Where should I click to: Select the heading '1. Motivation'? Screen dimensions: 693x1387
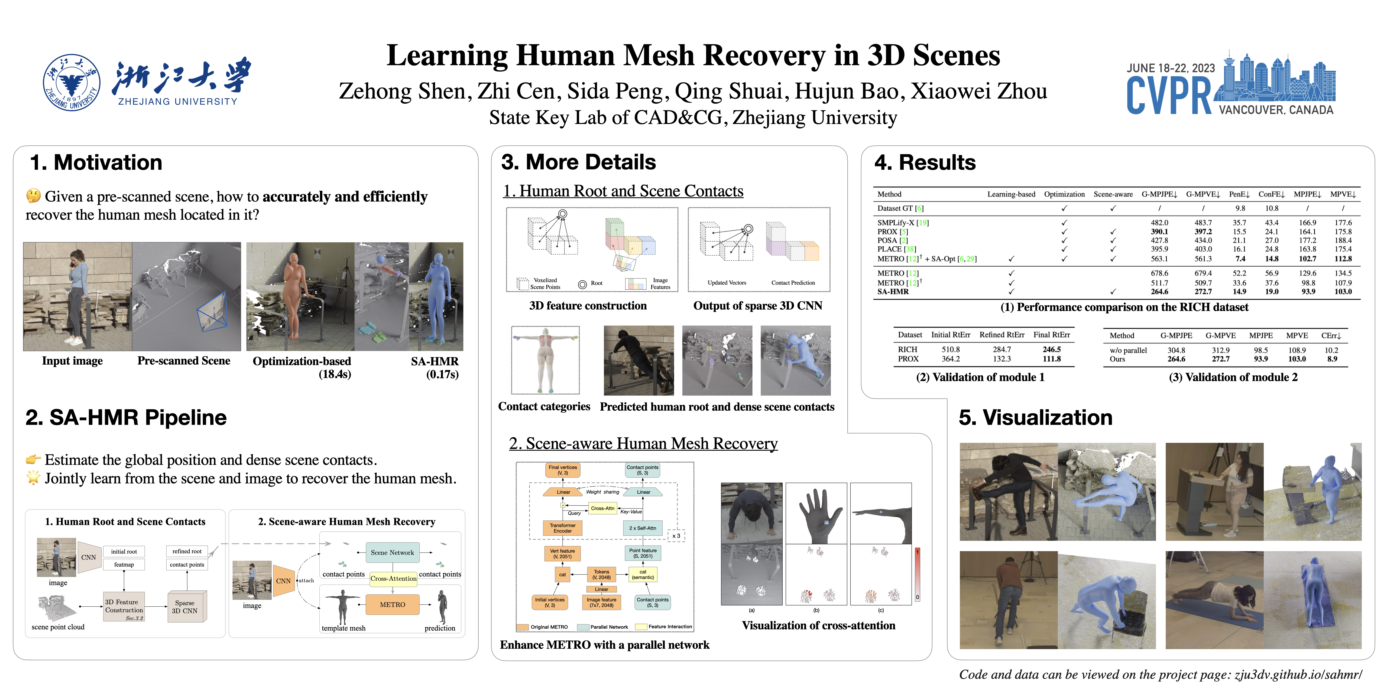tap(96, 162)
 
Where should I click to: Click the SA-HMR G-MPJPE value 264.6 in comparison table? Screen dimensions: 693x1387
tap(1159, 292)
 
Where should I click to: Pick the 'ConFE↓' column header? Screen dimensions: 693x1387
tap(1271, 194)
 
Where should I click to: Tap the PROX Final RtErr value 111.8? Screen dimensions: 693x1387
tap(1051, 359)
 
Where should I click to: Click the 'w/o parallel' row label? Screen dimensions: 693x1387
tap(1128, 350)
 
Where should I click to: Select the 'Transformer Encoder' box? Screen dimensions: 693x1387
tap(563, 528)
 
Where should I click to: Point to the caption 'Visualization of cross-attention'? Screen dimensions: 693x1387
tap(818, 625)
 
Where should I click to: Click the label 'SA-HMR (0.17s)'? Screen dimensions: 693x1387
tap(435, 368)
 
